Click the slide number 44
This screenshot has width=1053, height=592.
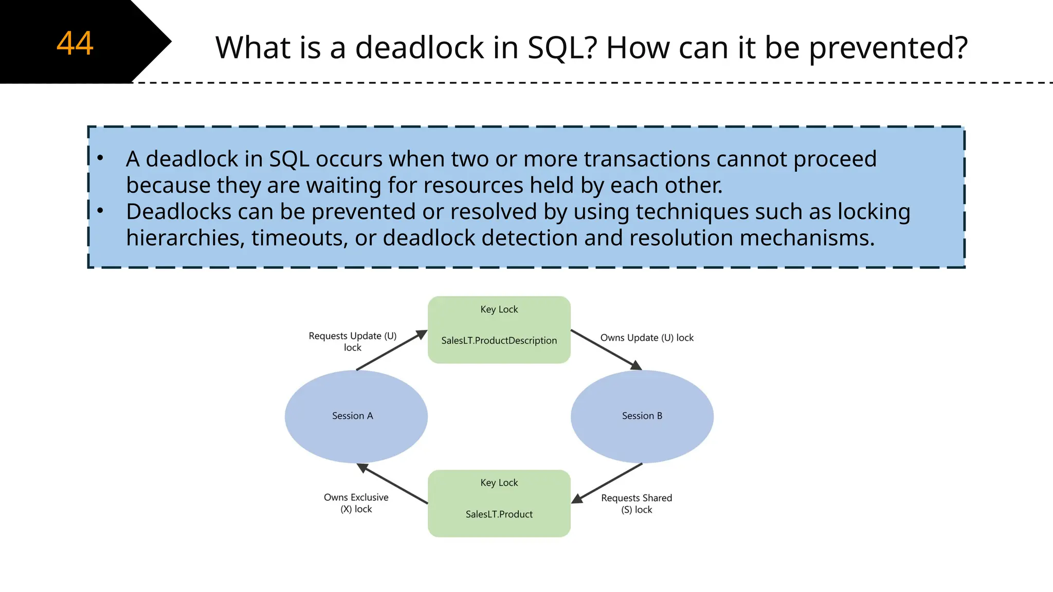pyautogui.click(x=75, y=43)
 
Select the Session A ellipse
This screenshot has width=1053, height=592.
pyautogui.click(x=356, y=416)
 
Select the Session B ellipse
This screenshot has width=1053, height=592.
pyautogui.click(x=642, y=416)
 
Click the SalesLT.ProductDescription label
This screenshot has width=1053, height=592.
pyautogui.click(x=499, y=341)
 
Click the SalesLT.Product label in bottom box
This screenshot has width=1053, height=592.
pyautogui.click(x=499, y=514)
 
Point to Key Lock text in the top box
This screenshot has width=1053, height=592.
pyautogui.click(x=499, y=309)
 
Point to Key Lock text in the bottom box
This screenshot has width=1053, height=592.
pyautogui.click(x=499, y=483)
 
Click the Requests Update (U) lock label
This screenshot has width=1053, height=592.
pyautogui.click(x=353, y=342)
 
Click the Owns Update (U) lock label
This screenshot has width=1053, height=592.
pyautogui.click(x=647, y=338)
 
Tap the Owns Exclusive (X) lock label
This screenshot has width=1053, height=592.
pyautogui.click(x=356, y=503)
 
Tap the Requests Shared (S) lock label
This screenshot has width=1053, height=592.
pyautogui.click(x=637, y=504)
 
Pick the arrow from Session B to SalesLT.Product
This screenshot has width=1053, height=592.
pyautogui.click(x=607, y=483)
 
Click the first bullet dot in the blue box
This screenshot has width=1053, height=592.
pyautogui.click(x=100, y=158)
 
